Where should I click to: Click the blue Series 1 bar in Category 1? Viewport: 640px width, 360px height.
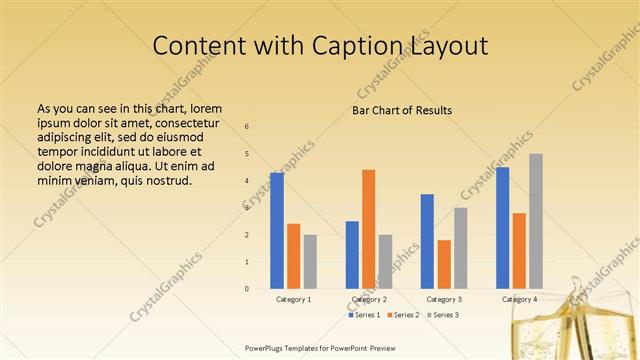tap(277, 231)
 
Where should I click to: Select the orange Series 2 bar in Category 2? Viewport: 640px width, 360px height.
tap(368, 229)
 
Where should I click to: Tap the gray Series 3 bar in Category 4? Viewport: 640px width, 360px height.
tap(536, 221)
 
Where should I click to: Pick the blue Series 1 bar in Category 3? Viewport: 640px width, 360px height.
tap(427, 241)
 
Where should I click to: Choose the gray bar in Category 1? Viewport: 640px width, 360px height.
tap(310, 262)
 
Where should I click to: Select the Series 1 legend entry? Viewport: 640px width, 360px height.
tap(365, 315)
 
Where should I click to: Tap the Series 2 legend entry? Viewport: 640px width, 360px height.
tap(402, 315)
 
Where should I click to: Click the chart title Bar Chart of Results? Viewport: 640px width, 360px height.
tap(402, 110)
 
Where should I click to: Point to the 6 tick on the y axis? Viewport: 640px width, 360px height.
tap(247, 127)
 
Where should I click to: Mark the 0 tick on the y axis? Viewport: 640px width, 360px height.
tap(247, 289)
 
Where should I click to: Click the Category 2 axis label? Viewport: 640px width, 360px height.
tap(369, 299)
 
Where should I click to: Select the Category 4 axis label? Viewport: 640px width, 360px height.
tap(519, 299)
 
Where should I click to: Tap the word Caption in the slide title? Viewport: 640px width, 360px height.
tap(354, 46)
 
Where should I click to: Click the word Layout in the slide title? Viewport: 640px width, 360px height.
tap(449, 46)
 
